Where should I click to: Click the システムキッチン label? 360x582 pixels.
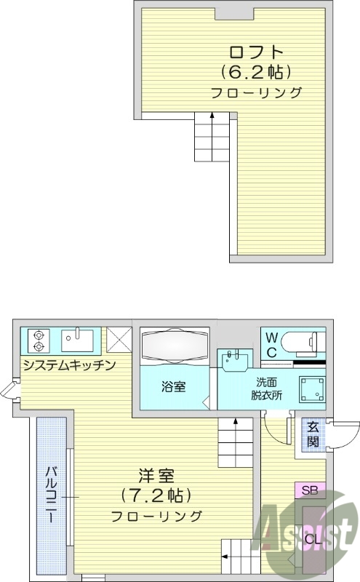tap(68, 364)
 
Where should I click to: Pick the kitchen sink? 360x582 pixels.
tap(77, 339)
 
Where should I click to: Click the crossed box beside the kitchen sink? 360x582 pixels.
tap(119, 340)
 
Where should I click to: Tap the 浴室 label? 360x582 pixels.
tap(173, 387)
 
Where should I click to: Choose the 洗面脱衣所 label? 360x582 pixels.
tap(267, 389)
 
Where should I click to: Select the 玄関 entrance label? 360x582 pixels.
tap(312, 434)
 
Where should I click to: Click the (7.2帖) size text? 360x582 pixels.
tap(156, 496)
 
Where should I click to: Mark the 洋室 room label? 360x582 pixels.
tap(156, 477)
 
